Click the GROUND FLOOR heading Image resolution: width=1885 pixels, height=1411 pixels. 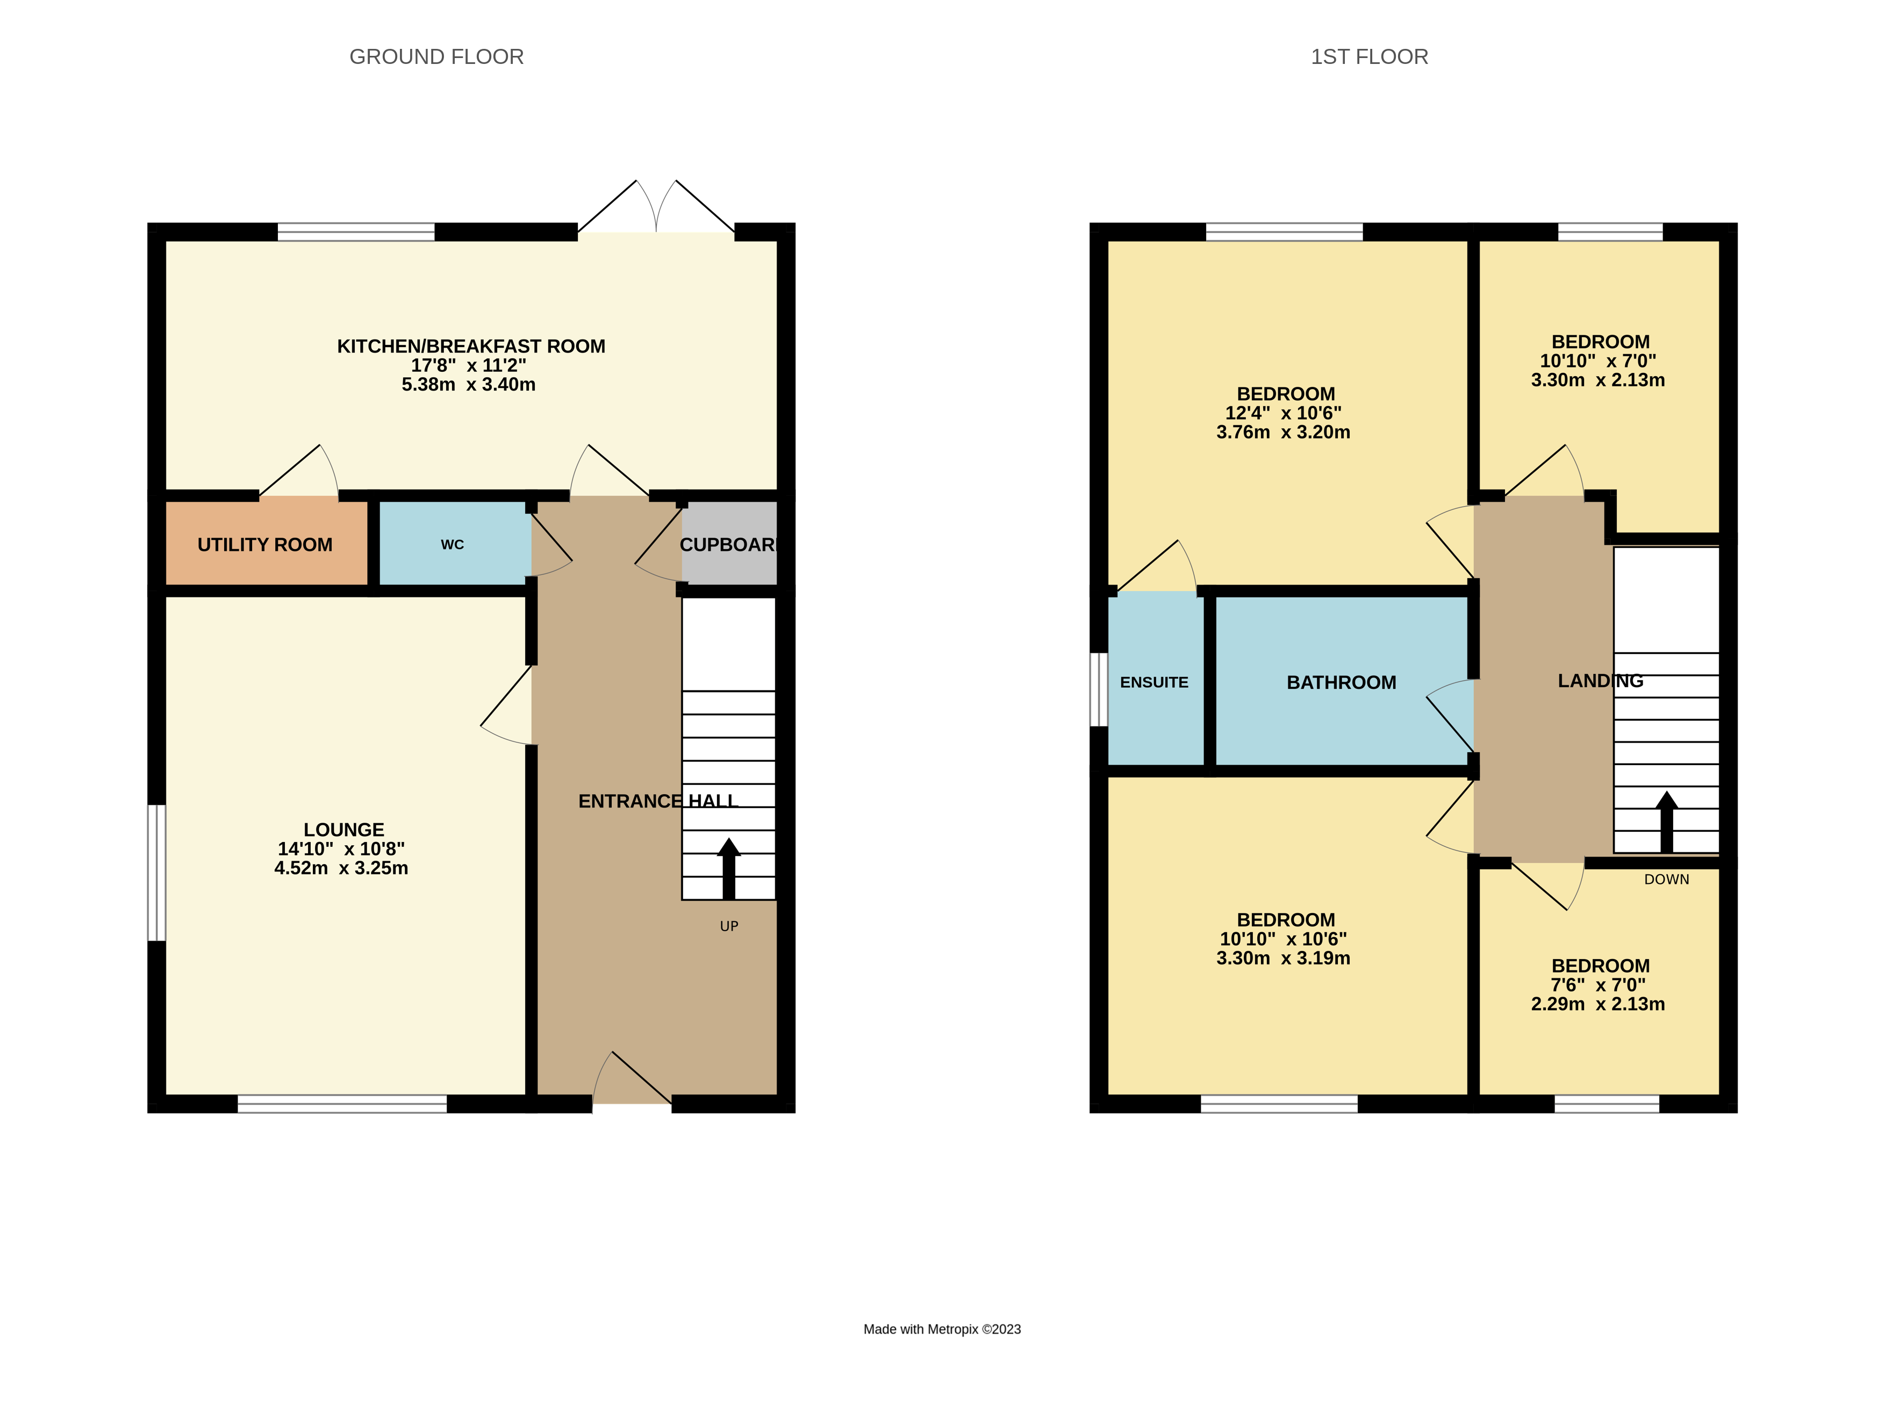point(436,57)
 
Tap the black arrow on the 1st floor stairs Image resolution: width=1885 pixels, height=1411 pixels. point(1667,822)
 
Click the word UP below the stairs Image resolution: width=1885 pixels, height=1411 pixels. point(729,926)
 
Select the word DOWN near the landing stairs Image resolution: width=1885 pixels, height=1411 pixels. point(1667,879)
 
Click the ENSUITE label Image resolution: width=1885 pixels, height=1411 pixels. point(1154,682)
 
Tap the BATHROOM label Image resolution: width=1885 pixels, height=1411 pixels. point(1341,682)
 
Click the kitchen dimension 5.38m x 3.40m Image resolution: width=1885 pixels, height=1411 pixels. point(469,384)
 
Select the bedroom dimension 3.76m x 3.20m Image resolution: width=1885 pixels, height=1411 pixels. point(1284,432)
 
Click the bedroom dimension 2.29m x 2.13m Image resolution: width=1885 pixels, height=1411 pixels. point(1598,1004)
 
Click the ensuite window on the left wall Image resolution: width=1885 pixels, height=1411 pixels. point(1099,690)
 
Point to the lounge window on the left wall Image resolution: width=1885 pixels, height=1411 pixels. point(157,873)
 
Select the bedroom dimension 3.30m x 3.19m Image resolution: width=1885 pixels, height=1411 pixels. point(1284,958)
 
